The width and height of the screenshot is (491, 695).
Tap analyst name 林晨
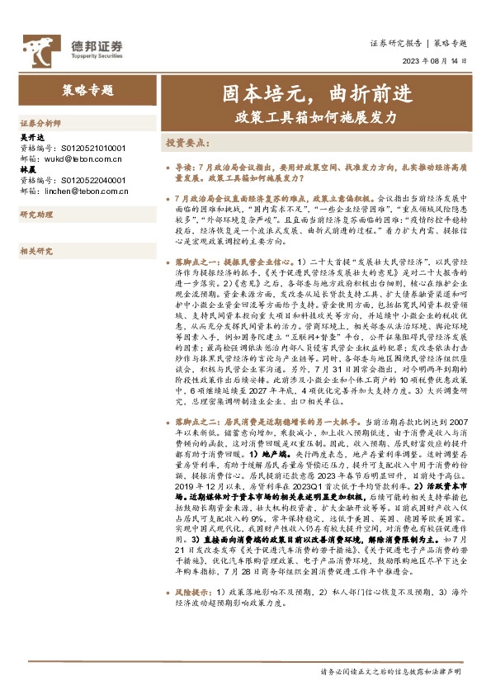[26, 169]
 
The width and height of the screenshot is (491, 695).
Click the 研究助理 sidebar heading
[35, 215]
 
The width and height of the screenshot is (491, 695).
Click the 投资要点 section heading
[190, 143]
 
